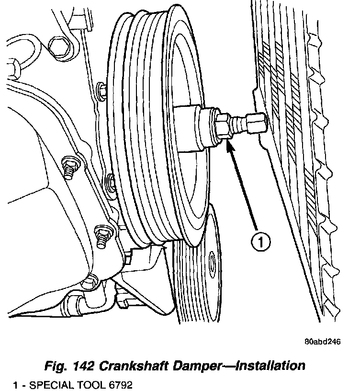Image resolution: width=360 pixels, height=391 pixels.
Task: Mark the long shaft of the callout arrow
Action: pos(244,192)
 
